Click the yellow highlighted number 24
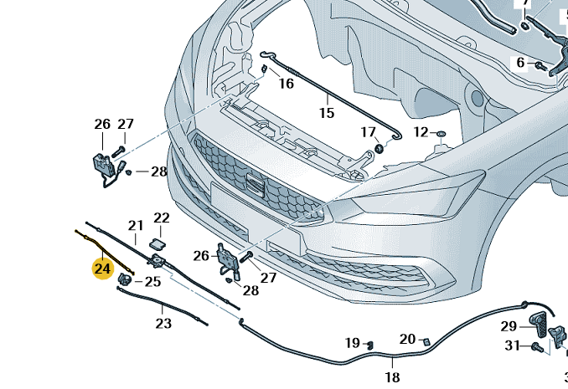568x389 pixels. [102, 269]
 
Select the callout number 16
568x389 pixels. [287, 84]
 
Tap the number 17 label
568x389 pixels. [369, 132]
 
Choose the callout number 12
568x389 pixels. [420, 132]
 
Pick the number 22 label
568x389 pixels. [162, 218]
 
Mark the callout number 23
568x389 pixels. [163, 324]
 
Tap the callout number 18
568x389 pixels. [392, 377]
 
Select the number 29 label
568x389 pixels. [509, 325]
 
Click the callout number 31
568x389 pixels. [511, 346]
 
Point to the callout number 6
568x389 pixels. [520, 63]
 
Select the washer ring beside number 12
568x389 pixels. [441, 133]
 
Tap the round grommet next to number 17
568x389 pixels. [379, 148]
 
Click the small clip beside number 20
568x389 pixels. [425, 340]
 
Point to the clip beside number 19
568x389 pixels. [369, 344]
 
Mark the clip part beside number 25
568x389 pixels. [125, 279]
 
